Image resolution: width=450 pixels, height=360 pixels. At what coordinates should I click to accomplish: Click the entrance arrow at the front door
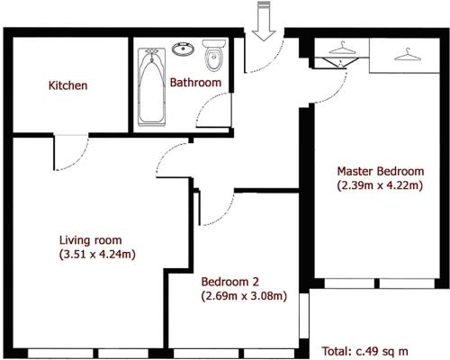(x=264, y=21)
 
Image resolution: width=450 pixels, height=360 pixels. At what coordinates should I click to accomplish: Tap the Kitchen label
(x=68, y=85)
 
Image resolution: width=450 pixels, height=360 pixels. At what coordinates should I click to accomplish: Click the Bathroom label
(x=195, y=83)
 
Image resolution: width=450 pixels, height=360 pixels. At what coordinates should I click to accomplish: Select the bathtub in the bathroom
(x=151, y=87)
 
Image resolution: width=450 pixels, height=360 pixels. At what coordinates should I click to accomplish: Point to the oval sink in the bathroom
(x=183, y=49)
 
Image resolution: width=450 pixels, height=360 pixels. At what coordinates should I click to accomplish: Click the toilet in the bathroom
(x=213, y=56)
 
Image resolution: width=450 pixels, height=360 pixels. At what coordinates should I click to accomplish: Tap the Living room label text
(x=91, y=240)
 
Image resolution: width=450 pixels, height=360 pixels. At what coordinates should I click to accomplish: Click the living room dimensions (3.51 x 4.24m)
(x=97, y=255)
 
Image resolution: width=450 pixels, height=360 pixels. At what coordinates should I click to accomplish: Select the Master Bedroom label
(x=381, y=171)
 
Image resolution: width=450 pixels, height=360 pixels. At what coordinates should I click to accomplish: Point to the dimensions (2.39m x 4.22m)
(x=380, y=185)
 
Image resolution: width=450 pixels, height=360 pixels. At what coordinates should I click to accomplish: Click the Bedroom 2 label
(x=230, y=282)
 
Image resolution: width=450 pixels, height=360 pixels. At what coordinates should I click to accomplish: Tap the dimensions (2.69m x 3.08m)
(x=244, y=296)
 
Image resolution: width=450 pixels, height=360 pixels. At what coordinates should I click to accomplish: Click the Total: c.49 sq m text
(x=365, y=351)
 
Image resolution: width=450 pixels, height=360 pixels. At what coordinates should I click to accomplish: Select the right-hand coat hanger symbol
(x=408, y=54)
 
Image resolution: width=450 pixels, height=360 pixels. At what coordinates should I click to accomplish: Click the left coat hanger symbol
(x=342, y=49)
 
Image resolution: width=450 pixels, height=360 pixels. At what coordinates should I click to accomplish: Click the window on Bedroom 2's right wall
(x=304, y=316)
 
